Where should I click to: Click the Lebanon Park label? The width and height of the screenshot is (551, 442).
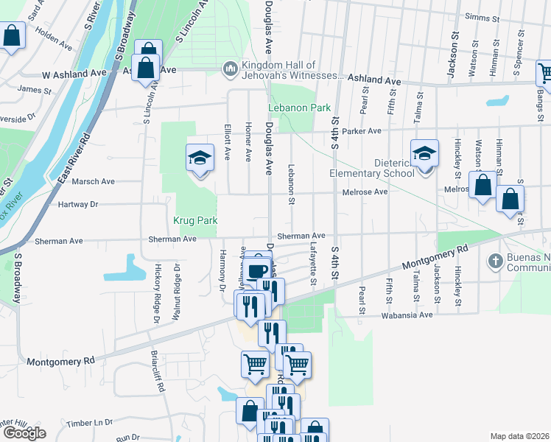click(x=298, y=108)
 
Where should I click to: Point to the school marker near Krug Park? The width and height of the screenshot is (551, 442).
click(x=198, y=159)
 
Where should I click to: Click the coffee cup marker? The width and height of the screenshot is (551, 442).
click(x=257, y=271)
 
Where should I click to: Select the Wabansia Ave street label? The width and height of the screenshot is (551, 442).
click(x=406, y=315)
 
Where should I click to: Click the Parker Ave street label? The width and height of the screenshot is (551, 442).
click(x=364, y=131)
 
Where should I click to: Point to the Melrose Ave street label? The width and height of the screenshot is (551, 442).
click(x=365, y=192)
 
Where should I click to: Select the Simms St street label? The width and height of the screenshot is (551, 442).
click(x=481, y=17)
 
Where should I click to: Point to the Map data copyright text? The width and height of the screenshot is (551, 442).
click(x=519, y=436)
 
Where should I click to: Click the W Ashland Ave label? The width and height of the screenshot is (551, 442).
click(x=74, y=74)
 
